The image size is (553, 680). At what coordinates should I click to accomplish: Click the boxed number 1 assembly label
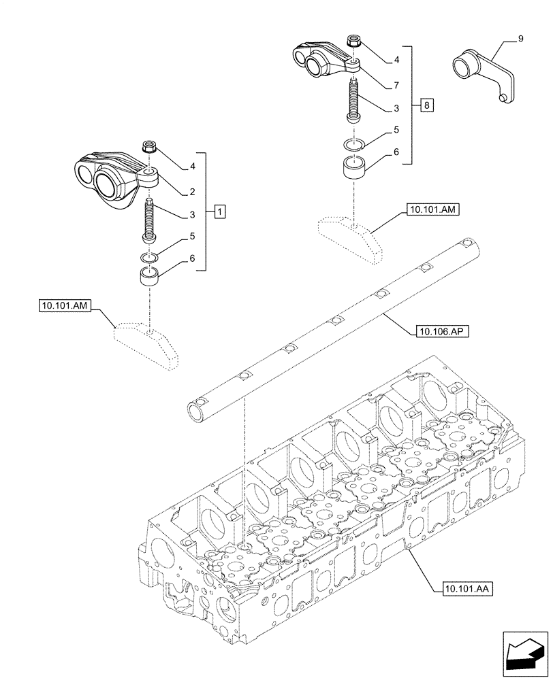pyautogui.click(x=219, y=211)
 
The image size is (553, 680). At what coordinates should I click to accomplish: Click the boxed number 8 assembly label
pyautogui.click(x=426, y=105)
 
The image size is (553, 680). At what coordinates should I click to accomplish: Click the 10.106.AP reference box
pyautogui.click(x=437, y=332)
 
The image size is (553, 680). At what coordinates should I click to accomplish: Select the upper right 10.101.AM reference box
pyautogui.click(x=434, y=211)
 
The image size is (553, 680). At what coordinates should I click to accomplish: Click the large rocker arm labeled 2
pyautogui.click(x=112, y=178)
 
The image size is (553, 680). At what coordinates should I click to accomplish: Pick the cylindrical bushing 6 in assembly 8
pyautogui.click(x=355, y=167)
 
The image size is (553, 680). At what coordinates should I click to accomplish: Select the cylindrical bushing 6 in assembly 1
pyautogui.click(x=151, y=277)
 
